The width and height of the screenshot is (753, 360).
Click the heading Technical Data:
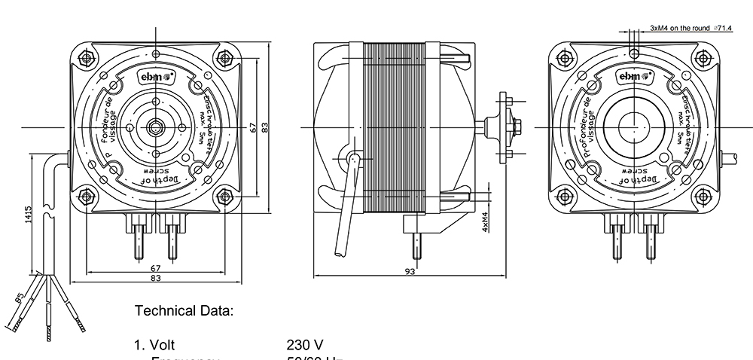[x=184, y=310]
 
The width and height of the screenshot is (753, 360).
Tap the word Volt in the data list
[x=163, y=345]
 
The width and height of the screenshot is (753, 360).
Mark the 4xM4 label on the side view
[x=486, y=223]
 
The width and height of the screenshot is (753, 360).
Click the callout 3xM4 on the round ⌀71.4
[x=691, y=28]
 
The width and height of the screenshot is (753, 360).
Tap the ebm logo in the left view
[x=156, y=76]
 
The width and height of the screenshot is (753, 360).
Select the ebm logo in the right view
[x=635, y=76]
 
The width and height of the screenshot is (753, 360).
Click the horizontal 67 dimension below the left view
[x=155, y=268]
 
